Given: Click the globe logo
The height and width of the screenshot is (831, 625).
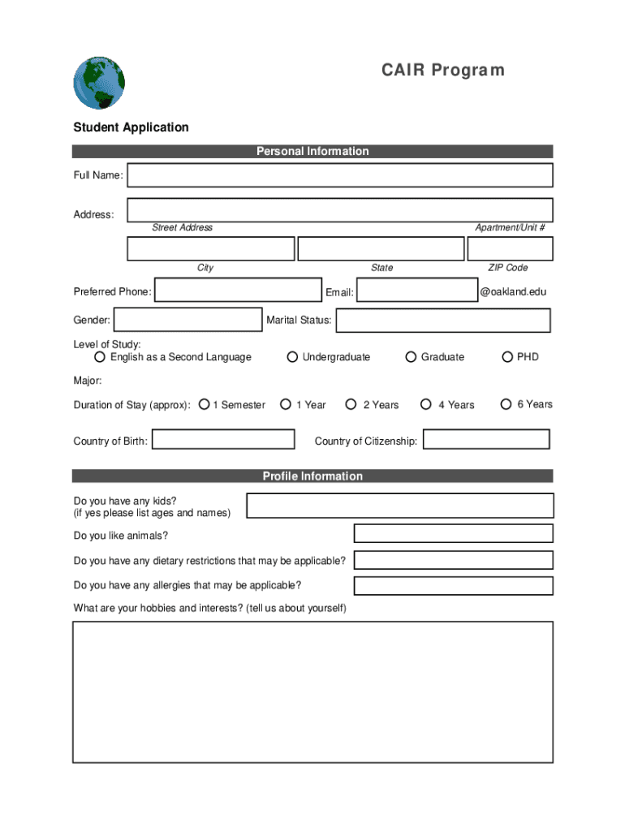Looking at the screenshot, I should coord(99,83).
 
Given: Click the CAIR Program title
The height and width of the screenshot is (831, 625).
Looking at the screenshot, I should coord(443,71).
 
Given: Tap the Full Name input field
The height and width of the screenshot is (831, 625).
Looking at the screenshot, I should coord(339,175).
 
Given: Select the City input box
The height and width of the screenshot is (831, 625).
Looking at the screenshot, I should coord(210,248).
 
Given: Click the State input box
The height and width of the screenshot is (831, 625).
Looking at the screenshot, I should coord(381,248).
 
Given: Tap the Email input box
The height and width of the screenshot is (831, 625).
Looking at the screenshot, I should coord(416,291).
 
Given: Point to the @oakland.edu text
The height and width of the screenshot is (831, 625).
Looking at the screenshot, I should coord(513,291).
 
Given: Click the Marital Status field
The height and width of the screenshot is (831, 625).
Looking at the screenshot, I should coord(442,321).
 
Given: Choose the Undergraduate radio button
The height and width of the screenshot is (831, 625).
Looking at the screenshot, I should coord(292,357).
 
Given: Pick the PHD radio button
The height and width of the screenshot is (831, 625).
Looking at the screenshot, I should coord(507,357).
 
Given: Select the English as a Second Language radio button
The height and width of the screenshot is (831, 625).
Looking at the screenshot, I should coord(100,357).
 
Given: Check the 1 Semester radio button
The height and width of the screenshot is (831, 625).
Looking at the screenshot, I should coord(205,404).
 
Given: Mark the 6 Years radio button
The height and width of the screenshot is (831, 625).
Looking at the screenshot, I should coord(506,404).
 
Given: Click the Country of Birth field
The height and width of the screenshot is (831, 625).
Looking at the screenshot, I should coord(223,440).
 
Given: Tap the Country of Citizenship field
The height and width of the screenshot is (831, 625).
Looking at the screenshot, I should coord(486,440).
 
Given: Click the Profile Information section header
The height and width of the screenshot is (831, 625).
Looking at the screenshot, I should coord(312,476).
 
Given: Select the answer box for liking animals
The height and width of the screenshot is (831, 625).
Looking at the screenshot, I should coord(453,533).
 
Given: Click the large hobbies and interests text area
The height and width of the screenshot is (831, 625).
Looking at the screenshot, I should coord(312,692).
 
